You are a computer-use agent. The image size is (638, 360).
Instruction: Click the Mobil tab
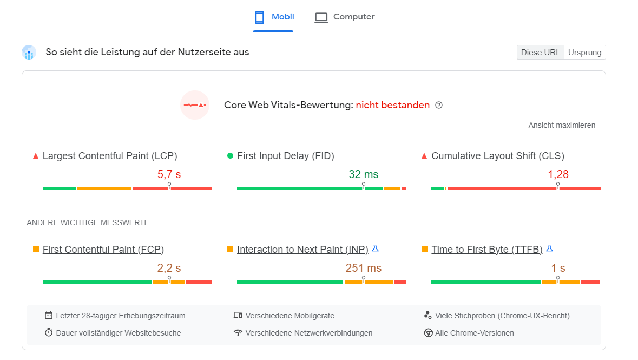(273, 17)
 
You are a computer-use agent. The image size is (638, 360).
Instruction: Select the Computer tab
(345, 17)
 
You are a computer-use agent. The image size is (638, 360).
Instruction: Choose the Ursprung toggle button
(584, 53)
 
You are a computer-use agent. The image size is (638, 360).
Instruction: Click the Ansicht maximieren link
(562, 126)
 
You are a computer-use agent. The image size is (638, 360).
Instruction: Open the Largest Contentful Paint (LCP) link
(110, 156)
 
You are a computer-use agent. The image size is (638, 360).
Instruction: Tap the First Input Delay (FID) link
(286, 156)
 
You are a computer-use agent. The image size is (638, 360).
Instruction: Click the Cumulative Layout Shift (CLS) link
(498, 156)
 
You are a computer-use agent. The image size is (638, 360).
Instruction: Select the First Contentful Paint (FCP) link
(103, 250)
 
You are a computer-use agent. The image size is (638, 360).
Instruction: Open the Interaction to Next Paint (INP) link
(302, 250)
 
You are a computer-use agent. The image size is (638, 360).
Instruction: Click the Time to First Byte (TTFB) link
(486, 250)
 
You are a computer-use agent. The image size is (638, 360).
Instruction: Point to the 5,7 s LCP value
(169, 175)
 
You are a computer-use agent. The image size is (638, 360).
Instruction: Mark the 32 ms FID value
(363, 175)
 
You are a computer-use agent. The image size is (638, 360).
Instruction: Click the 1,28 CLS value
(558, 175)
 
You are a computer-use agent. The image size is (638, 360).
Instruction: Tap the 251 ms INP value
(363, 269)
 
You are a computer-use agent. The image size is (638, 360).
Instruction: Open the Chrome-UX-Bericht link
(534, 316)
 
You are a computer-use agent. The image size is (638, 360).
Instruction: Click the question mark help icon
(439, 105)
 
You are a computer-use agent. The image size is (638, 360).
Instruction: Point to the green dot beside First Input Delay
(230, 155)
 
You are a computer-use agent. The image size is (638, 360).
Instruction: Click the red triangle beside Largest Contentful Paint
(35, 156)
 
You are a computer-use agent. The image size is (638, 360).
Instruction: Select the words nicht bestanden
(393, 105)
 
